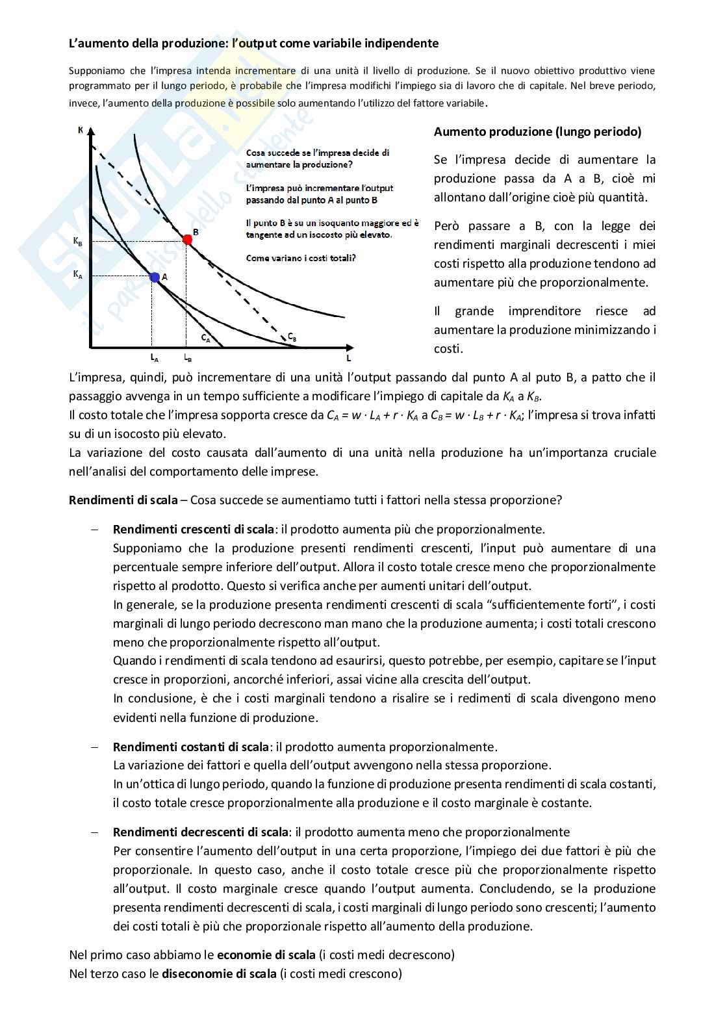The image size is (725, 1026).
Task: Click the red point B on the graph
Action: (187, 240)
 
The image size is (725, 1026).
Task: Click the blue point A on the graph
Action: (155, 277)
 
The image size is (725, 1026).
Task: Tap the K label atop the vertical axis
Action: (81, 130)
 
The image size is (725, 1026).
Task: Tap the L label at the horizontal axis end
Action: (349, 358)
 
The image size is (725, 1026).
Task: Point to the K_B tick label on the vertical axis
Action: (78, 241)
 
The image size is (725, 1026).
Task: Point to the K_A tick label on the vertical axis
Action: (78, 275)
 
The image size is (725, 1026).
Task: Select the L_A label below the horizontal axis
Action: (154, 357)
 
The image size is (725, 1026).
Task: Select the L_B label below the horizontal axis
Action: (187, 357)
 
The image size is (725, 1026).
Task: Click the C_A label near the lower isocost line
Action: (205, 338)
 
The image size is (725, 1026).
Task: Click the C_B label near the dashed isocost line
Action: (292, 337)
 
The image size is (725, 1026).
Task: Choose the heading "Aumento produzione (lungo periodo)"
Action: (537, 132)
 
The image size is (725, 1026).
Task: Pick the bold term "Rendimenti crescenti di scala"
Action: (193, 530)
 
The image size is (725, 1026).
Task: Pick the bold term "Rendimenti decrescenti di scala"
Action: (200, 832)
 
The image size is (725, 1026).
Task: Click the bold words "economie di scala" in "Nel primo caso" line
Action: (266, 955)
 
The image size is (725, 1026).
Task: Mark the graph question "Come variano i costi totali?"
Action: (301, 258)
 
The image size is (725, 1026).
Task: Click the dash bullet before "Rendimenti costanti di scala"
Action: (95, 747)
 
